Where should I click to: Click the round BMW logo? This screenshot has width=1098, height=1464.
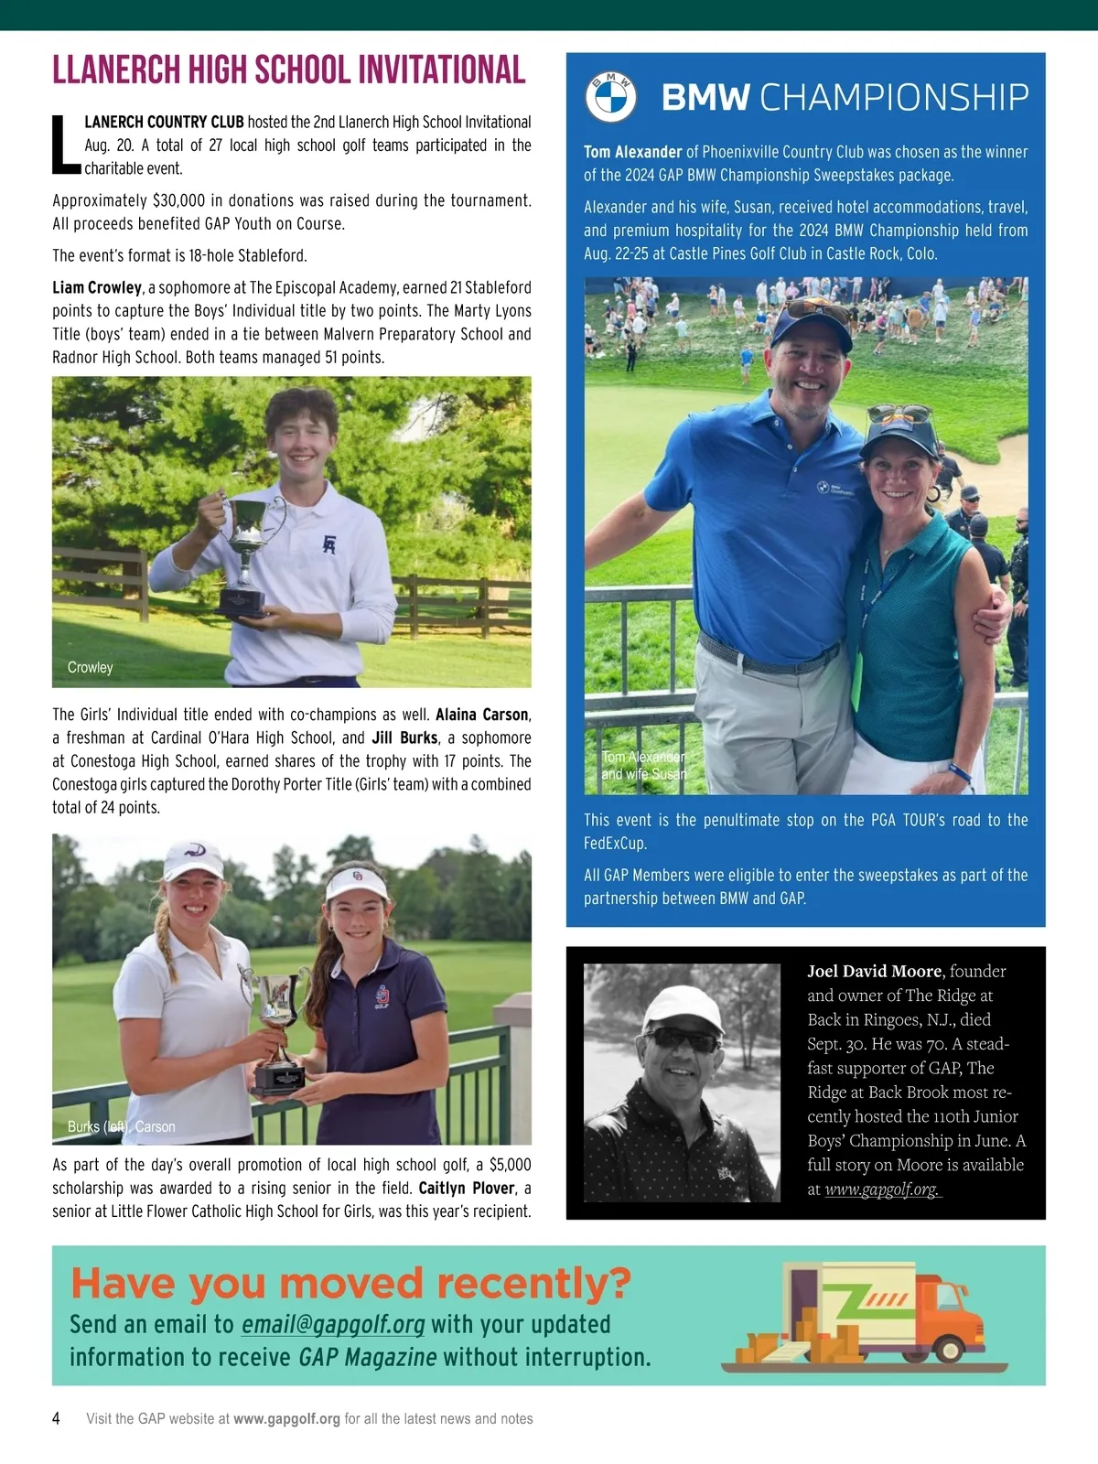tap(610, 97)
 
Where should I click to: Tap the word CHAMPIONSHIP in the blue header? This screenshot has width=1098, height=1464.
tap(894, 97)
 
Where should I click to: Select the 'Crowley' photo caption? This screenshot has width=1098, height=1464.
tap(90, 667)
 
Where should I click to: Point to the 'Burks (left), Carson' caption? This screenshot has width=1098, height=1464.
tap(121, 1126)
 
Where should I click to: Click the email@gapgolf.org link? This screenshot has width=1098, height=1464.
tap(333, 1324)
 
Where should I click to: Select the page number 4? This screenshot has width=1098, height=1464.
tap(57, 1418)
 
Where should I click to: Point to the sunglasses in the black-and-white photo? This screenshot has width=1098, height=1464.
tap(683, 1040)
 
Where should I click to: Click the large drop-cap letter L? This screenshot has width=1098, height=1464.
tap(66, 145)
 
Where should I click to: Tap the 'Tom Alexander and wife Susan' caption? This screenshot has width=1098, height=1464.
tap(643, 765)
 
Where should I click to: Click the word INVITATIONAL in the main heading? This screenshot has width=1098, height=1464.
tap(441, 70)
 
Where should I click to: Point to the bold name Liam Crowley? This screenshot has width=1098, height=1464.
tap(97, 287)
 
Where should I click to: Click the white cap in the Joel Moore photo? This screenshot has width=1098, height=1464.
tap(683, 1006)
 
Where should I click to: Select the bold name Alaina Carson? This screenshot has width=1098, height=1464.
tap(481, 715)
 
